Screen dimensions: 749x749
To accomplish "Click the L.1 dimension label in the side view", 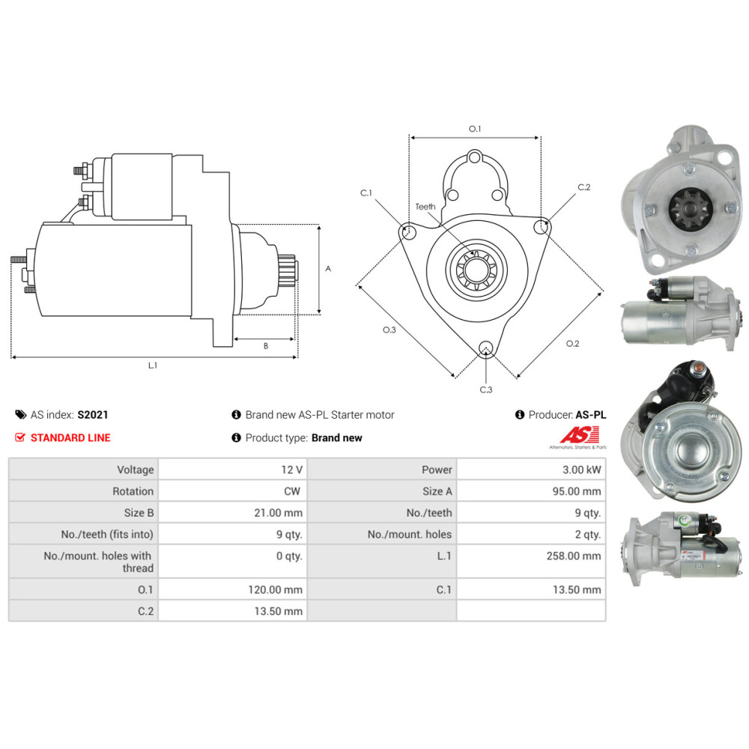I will [153, 366].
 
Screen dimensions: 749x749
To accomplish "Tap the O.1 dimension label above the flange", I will [475, 129].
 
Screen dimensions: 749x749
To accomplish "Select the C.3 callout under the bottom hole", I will [486, 389].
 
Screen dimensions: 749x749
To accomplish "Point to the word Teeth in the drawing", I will [425, 207].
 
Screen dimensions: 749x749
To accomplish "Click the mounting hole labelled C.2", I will [541, 225].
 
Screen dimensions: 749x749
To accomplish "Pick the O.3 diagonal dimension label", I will [389, 330].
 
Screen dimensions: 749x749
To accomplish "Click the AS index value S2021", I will [93, 414].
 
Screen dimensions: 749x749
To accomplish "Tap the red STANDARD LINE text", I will [70, 437].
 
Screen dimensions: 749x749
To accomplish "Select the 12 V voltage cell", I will [292, 470].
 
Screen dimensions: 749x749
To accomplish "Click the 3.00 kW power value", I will [583, 470].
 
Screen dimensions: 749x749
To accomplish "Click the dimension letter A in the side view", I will [328, 269].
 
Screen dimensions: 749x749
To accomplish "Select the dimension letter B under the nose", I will [265, 346].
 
